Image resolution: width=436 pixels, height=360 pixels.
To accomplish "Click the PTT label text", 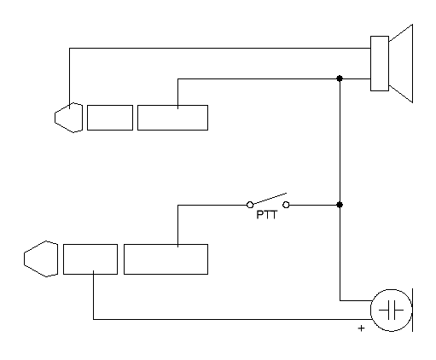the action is click(266, 215).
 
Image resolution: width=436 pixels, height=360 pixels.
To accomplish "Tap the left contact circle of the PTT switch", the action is click(250, 205).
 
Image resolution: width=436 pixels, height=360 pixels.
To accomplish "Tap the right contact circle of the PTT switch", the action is click(286, 205).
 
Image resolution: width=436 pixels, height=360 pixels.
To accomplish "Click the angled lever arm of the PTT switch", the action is click(270, 199).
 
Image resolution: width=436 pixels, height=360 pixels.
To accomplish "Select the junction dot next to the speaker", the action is click(340, 78).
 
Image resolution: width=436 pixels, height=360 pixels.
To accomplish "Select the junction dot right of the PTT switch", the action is click(340, 205).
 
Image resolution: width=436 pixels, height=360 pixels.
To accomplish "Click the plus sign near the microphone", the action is click(361, 328).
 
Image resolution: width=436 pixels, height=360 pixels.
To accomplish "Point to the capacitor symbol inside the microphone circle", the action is click(392, 311).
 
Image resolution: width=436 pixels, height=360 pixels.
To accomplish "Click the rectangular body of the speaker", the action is click(380, 63).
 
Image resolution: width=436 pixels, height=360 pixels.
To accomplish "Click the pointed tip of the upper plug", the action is click(55, 118).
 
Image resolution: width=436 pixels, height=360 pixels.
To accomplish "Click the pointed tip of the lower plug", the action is click(24, 258).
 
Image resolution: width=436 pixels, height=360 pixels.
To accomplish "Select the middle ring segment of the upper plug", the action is click(110, 118).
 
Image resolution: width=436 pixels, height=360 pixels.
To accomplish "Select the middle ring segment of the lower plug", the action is click(90, 259).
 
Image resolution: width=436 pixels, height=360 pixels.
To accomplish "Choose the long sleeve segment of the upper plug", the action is click(172, 118).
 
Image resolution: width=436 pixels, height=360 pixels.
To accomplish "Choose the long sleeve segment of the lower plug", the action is click(166, 259).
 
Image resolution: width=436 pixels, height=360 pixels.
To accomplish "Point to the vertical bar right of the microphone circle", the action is click(412, 310).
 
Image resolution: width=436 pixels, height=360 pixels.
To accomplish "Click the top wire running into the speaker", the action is click(220, 48).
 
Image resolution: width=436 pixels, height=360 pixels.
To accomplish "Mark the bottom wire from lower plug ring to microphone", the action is click(232, 319).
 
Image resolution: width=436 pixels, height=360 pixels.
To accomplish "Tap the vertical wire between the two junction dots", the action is click(340, 142).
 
